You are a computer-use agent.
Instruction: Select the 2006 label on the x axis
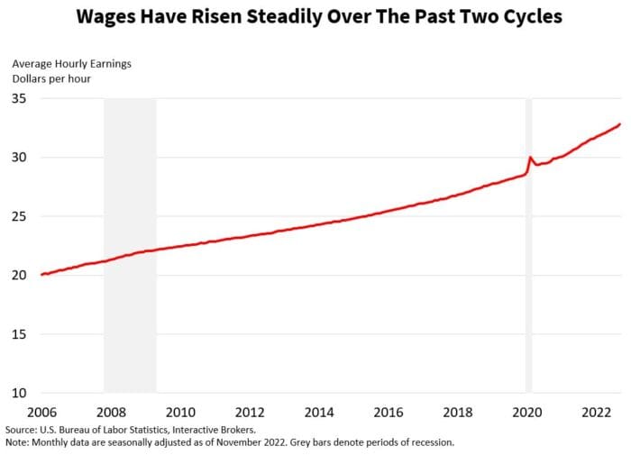[41, 412]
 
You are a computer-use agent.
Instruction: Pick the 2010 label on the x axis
[180, 412]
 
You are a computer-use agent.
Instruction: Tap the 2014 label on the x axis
[319, 412]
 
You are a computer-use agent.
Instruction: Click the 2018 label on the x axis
[457, 412]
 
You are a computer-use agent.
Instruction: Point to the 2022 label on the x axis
[596, 412]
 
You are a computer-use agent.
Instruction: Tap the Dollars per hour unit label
[51, 78]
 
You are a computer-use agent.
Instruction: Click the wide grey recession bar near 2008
[130, 243]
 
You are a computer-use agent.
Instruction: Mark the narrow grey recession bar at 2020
[529, 243]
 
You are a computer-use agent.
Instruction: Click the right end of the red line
[620, 124]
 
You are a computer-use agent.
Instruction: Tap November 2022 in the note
[244, 443]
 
